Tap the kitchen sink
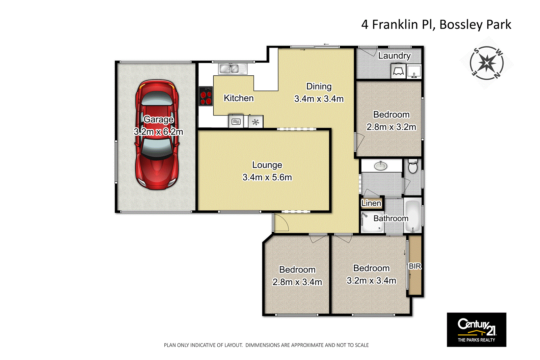point(229,69)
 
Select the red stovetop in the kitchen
point(206,96)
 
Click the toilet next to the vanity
point(413,166)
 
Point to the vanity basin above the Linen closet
point(381,166)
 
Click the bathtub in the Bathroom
point(412,216)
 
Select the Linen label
point(371,203)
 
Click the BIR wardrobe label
point(415,266)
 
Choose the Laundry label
point(394,56)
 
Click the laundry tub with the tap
point(414,72)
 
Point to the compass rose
point(487,63)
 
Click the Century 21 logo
point(476,329)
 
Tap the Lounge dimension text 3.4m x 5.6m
point(267,177)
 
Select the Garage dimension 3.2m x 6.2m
point(158,132)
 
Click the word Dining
point(319,86)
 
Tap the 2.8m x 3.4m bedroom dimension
point(297,282)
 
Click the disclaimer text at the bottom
point(266,345)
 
